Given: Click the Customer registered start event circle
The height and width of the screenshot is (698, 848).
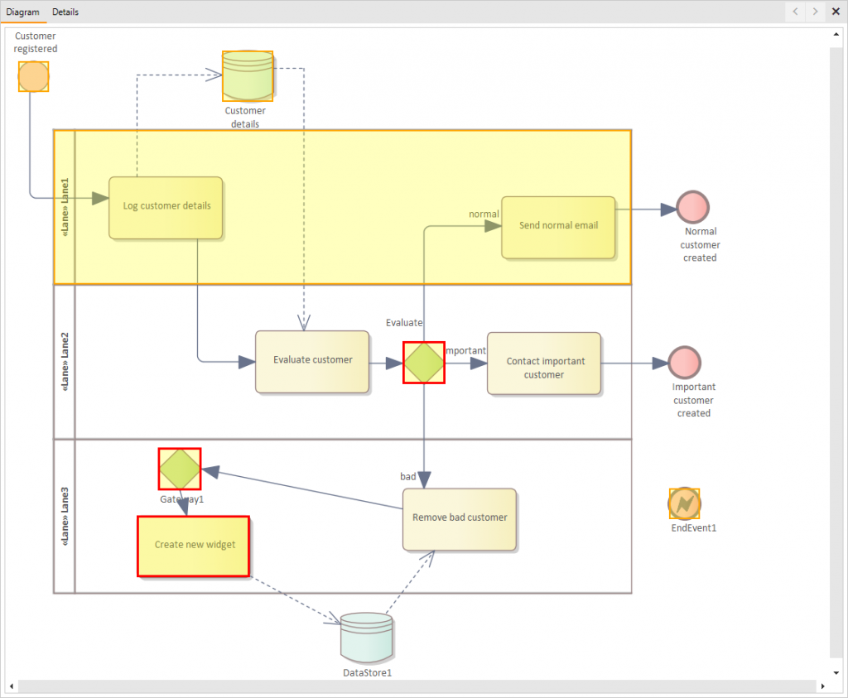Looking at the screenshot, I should pyautogui.click(x=33, y=76).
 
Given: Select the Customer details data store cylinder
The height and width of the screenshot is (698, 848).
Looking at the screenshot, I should pyautogui.click(x=247, y=76).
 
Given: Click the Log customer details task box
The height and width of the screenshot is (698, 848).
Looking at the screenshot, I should pyautogui.click(x=166, y=207).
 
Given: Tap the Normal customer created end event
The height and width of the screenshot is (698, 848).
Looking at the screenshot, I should pyautogui.click(x=692, y=207).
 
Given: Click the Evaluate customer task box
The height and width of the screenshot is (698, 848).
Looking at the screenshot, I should pyautogui.click(x=312, y=361).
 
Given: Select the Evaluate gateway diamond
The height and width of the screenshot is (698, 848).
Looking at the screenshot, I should pyautogui.click(x=424, y=363).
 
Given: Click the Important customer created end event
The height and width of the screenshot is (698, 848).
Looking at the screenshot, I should pyautogui.click(x=684, y=363).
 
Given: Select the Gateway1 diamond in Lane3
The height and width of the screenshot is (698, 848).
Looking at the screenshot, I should pyautogui.click(x=180, y=469).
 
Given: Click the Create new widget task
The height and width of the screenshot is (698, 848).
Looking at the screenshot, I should pyautogui.click(x=193, y=546).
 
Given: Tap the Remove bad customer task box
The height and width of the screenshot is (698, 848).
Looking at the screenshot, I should pyautogui.click(x=460, y=519).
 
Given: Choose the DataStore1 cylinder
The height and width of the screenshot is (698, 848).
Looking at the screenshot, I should pyautogui.click(x=366, y=638).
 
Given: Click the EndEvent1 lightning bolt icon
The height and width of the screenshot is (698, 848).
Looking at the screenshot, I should pyautogui.click(x=684, y=503).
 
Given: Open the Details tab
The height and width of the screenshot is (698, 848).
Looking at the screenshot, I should pyautogui.click(x=65, y=12).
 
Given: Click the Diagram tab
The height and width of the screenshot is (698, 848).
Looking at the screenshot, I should pyautogui.click(x=23, y=12).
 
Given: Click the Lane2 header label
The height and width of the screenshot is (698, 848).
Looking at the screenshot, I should pyautogui.click(x=65, y=362).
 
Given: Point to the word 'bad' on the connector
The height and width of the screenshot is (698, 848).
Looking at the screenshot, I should pyautogui.click(x=408, y=477).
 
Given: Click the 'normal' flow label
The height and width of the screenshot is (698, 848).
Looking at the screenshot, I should pyautogui.click(x=484, y=214).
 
